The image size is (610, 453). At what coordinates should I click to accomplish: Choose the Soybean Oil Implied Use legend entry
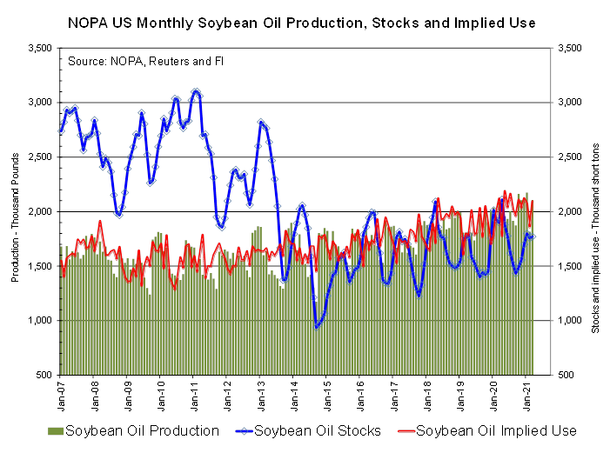pyautogui.click(x=497, y=430)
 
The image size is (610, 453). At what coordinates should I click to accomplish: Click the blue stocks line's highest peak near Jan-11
pyautogui.click(x=196, y=90)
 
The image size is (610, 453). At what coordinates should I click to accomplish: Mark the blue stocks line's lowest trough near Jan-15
pyautogui.click(x=317, y=327)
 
